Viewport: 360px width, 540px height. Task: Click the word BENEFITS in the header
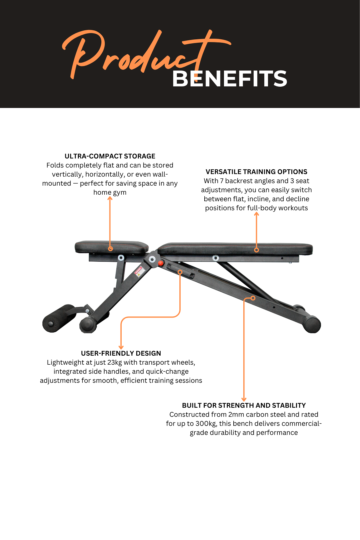(x=229, y=79)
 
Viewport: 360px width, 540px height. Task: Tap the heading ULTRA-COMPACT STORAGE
(x=110, y=156)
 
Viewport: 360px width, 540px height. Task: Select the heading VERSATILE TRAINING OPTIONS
(x=256, y=172)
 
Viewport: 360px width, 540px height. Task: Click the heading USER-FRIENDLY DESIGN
(x=121, y=353)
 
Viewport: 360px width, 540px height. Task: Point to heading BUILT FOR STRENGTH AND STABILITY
(x=244, y=405)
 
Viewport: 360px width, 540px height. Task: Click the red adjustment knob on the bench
(x=161, y=263)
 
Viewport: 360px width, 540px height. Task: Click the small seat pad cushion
(x=112, y=247)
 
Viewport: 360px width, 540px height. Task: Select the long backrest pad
(x=235, y=249)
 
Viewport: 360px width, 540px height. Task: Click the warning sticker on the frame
(x=139, y=271)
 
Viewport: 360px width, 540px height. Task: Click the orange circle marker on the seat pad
(x=110, y=249)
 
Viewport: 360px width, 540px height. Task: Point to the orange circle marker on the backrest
(x=256, y=250)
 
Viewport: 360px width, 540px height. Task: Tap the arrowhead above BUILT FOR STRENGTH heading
(x=244, y=399)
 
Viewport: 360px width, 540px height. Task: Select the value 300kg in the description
(x=206, y=424)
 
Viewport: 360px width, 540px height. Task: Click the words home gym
(x=110, y=192)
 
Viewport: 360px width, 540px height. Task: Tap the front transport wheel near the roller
(x=88, y=324)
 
